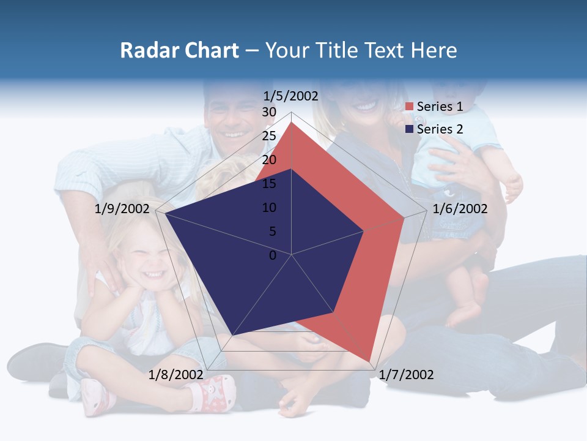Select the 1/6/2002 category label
(460, 209)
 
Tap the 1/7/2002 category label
(406, 374)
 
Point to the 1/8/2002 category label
(176, 374)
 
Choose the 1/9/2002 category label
(122, 209)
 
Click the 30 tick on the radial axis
(269, 112)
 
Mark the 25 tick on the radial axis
(269, 136)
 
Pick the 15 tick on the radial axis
(269, 184)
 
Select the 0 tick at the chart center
(273, 255)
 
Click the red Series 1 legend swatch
(409, 107)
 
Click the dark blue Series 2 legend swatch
(409, 129)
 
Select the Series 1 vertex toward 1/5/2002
(292, 123)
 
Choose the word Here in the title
(434, 50)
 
